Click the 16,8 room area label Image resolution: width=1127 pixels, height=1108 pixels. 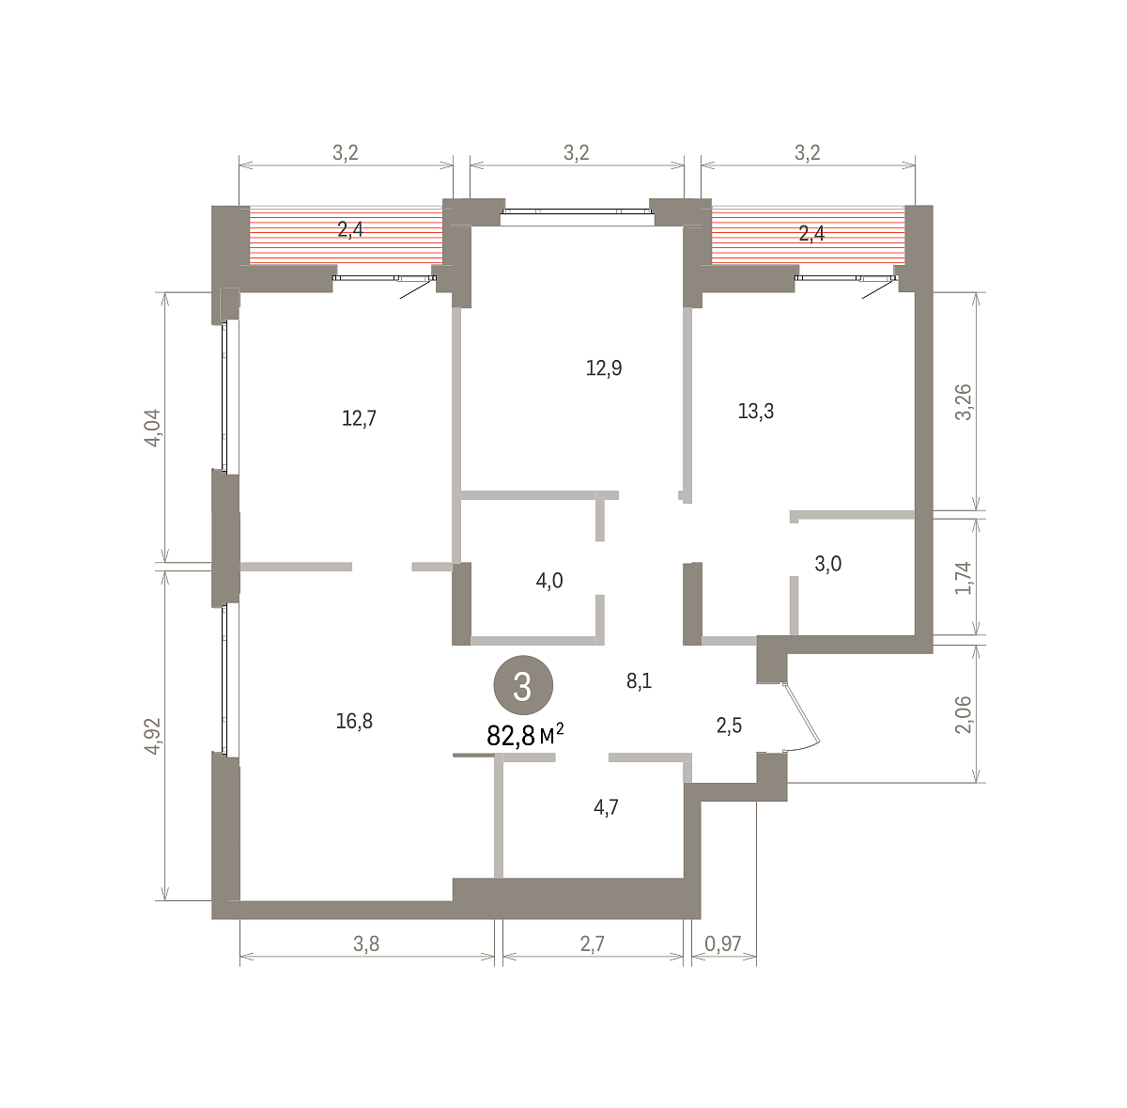point(354,721)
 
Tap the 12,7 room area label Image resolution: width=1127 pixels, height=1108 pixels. point(359,418)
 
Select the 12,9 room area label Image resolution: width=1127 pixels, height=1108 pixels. point(604,368)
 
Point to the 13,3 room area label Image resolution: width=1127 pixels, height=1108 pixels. point(756,412)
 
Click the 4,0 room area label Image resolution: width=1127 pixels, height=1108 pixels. point(549,581)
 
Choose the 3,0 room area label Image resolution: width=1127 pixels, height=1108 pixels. point(828,564)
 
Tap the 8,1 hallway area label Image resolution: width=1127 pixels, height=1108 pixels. point(639,680)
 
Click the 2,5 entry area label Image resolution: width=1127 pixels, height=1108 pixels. point(730,726)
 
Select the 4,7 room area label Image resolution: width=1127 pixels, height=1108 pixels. point(606,807)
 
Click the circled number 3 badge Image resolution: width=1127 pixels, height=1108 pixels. point(523,685)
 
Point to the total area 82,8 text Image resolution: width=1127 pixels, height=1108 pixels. point(511,736)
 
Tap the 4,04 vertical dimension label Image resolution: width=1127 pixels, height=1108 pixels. point(153,428)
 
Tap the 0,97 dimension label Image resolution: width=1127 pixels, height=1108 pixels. point(723,944)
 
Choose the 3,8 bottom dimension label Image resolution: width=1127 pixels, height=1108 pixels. point(366,944)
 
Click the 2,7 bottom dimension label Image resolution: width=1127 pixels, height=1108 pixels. point(592,944)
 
